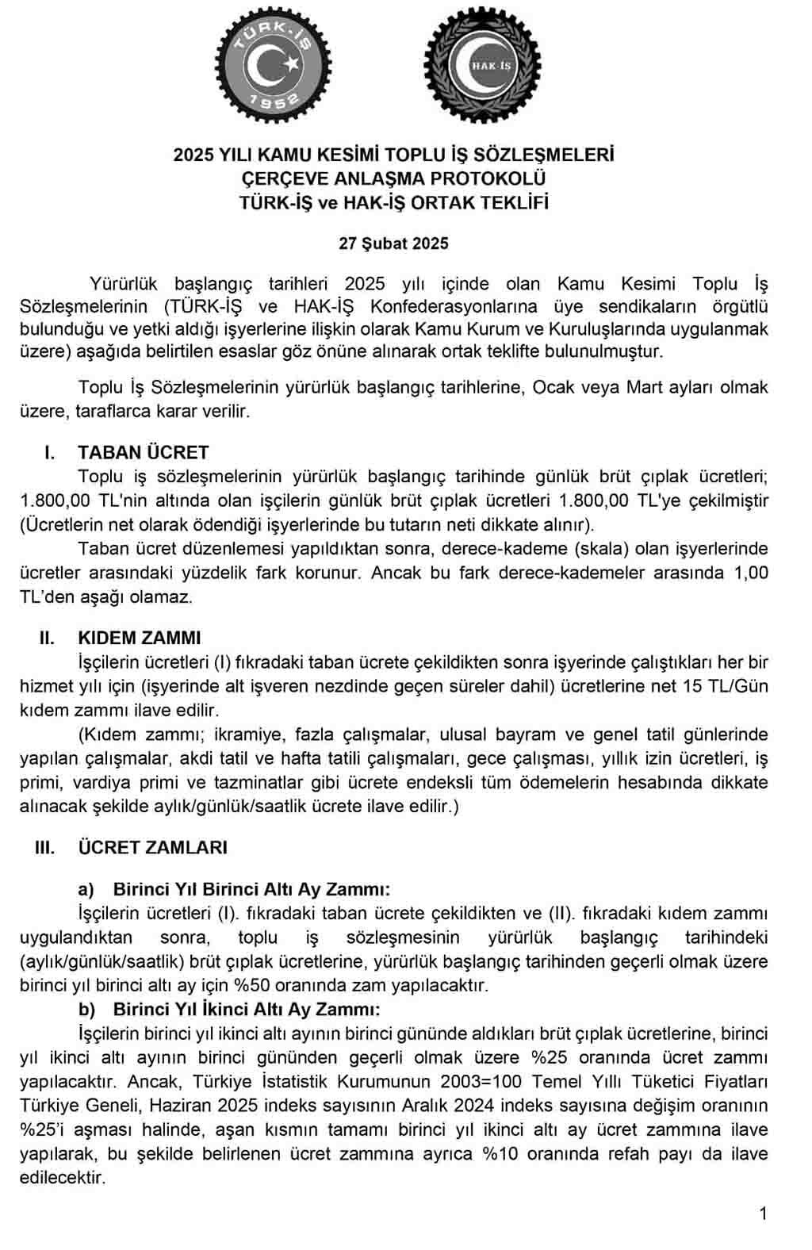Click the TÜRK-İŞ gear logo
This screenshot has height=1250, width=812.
coord(274,64)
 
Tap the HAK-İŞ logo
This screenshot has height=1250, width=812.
coord(483,64)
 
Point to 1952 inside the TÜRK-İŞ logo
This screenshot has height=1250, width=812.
coord(274,99)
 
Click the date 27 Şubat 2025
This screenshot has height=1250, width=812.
coord(393,243)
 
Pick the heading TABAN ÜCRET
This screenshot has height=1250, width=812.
coord(144,453)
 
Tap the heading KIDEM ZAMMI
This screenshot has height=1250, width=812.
coord(140,638)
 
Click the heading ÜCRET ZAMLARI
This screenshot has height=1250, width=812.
coord(152,848)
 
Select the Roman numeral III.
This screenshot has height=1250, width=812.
coord(45,848)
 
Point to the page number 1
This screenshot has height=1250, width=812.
coord(763,1214)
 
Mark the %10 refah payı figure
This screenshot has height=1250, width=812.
coord(500,1153)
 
